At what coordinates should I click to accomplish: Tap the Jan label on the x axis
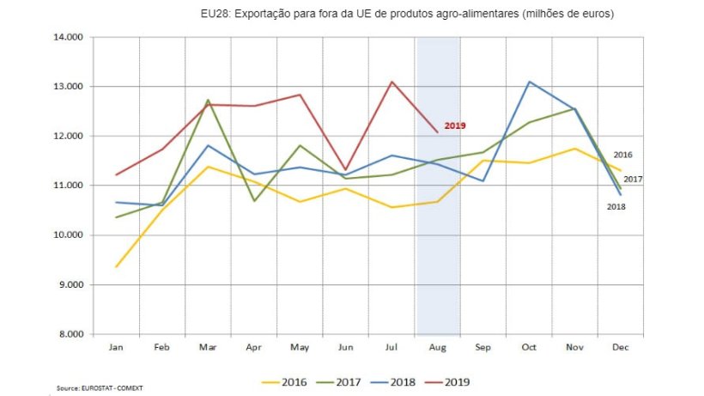point(115,348)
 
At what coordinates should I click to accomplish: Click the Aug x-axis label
point(437,348)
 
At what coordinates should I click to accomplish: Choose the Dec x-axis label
point(620,348)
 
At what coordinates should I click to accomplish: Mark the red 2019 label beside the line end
point(455,126)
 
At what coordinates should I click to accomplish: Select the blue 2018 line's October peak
point(530,82)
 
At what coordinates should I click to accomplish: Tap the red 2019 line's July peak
point(391,82)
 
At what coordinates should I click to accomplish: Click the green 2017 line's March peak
point(207,100)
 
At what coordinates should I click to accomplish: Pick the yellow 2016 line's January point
point(115,266)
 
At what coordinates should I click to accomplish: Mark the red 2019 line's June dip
point(346,170)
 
